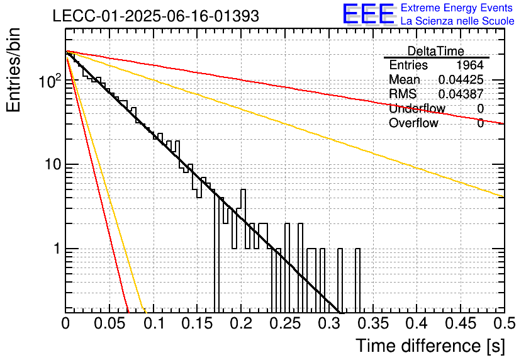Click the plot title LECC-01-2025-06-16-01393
click(x=156, y=16)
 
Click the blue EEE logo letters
click(x=369, y=14)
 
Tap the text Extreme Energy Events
click(x=457, y=8)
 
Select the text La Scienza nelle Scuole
click(x=457, y=21)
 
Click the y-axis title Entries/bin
click(x=13, y=70)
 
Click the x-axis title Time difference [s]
click(x=430, y=346)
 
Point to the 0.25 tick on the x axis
click(x=286, y=323)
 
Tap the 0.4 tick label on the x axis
click(x=417, y=323)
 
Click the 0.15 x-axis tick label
click(x=198, y=323)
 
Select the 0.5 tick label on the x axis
click(x=504, y=323)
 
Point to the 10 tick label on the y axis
click(x=53, y=164)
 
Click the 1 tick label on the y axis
click(x=57, y=249)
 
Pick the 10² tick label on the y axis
click(x=50, y=81)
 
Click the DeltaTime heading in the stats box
click(x=436, y=51)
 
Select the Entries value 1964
click(x=469, y=65)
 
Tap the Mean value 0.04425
click(x=461, y=79)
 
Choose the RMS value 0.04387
click(x=461, y=94)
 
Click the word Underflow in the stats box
click(x=417, y=108)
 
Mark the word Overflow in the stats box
click(x=413, y=123)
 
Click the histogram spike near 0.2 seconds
click(x=243, y=190)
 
